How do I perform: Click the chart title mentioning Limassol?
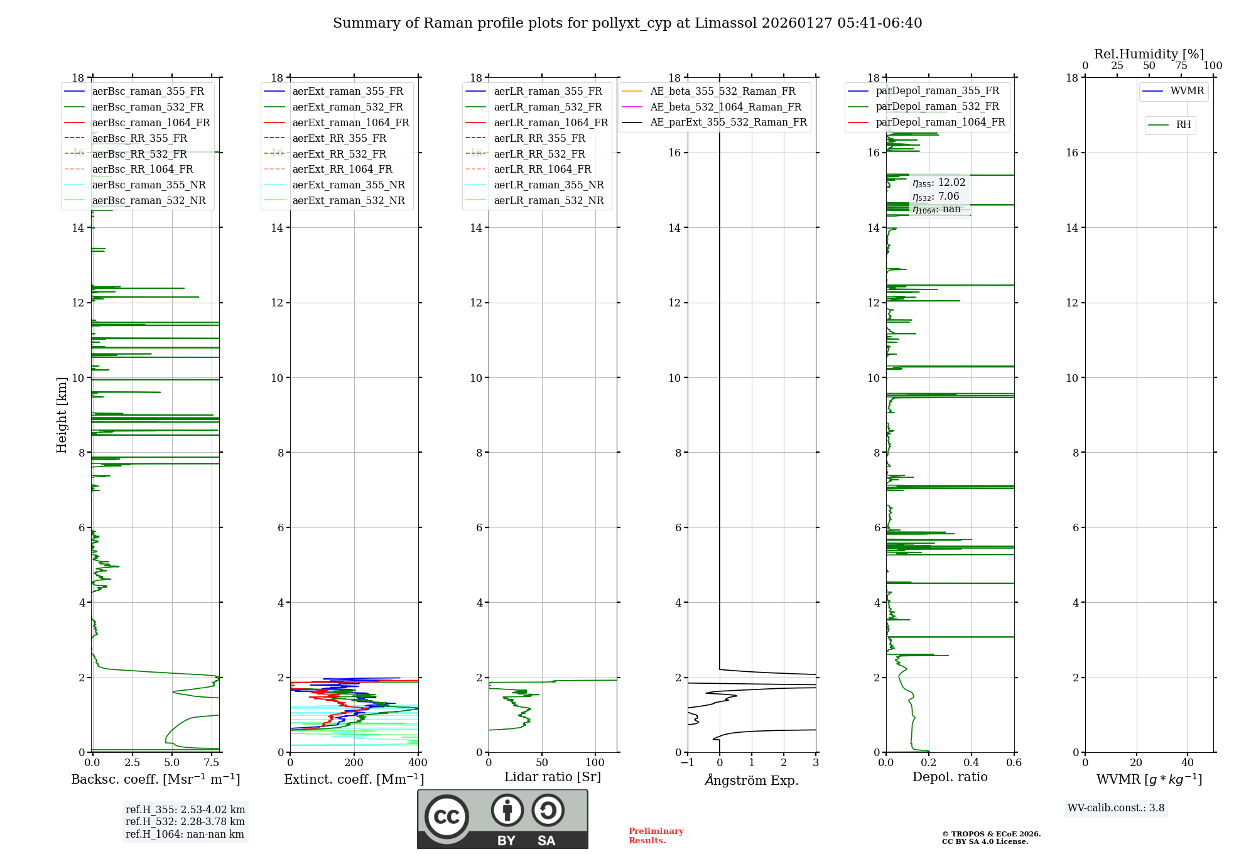627,23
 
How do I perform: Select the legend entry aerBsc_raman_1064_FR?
151,123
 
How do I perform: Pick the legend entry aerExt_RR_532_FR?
339,154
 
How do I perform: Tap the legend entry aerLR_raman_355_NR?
548,185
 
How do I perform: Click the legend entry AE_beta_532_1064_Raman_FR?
725,107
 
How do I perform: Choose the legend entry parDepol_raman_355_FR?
937,91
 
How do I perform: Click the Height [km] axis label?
62,415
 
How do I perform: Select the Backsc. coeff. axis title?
156,779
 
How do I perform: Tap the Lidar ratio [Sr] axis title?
553,777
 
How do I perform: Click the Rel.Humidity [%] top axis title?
1149,54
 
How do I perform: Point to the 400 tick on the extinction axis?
418,763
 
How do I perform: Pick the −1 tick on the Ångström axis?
688,763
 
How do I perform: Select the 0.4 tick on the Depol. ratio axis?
972,763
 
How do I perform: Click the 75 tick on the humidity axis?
1181,66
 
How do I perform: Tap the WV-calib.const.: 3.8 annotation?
1116,808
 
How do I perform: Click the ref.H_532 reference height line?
185,822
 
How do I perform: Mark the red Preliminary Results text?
656,836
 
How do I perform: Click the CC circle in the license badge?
447,817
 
